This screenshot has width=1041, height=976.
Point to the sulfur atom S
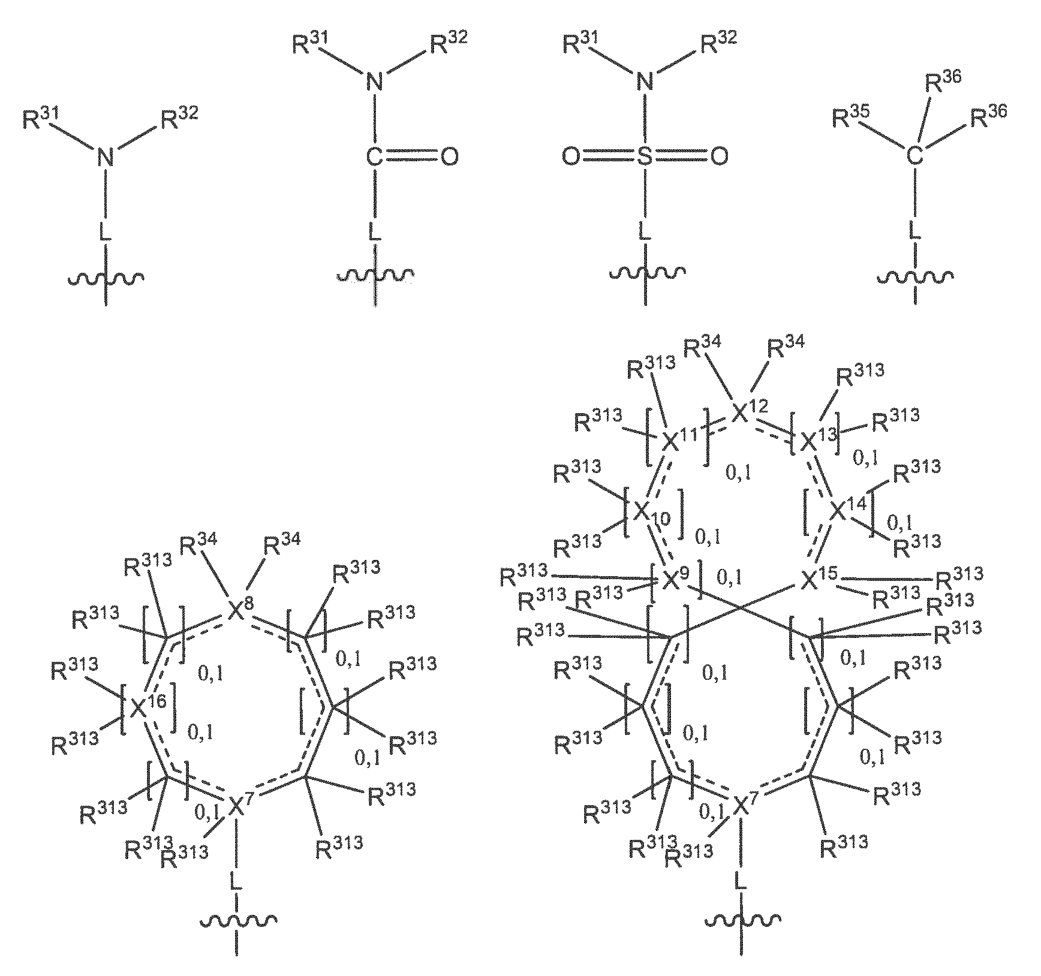pos(645,157)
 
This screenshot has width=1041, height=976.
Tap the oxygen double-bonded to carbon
pos(450,157)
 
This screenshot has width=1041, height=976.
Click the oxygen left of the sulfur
pos(571,157)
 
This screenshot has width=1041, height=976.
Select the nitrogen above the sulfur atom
pos(645,80)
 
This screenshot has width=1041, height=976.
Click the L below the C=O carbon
pos(375,231)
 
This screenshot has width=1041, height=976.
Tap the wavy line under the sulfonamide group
pos(645,274)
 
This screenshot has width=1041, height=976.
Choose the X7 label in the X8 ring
pos(237,805)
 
